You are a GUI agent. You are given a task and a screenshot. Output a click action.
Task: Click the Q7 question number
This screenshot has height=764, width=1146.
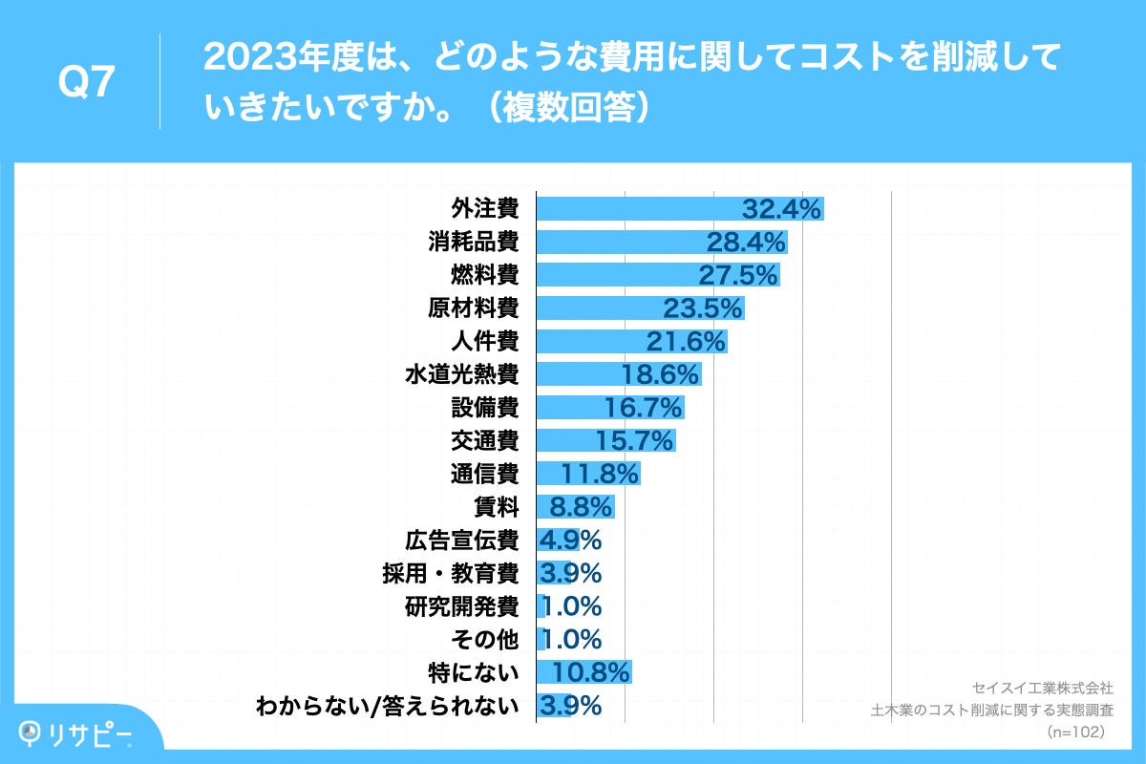[x=87, y=83]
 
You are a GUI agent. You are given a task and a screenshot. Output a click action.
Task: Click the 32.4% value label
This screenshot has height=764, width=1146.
[x=781, y=209]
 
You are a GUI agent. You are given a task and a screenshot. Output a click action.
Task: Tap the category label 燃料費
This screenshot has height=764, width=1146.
[x=484, y=275]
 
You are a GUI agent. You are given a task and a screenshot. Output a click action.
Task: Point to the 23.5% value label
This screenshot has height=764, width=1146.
[x=702, y=308]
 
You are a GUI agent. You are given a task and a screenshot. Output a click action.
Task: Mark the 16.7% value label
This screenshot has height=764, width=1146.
[x=643, y=408]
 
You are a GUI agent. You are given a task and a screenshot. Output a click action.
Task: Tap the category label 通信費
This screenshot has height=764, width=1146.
[x=484, y=474]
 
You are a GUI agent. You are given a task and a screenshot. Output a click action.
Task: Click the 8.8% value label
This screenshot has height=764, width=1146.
[x=574, y=507]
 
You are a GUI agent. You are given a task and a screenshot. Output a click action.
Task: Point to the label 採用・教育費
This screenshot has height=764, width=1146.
[x=450, y=573]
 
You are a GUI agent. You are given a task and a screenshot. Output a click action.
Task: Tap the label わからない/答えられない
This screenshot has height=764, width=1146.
[x=388, y=706]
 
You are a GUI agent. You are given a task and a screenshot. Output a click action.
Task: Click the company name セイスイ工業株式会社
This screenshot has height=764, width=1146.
[x=1042, y=688]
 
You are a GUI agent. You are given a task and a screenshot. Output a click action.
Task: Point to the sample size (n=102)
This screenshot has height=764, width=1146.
[x=1076, y=732]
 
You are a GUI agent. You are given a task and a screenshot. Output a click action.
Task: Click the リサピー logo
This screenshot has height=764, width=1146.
[x=76, y=732]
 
